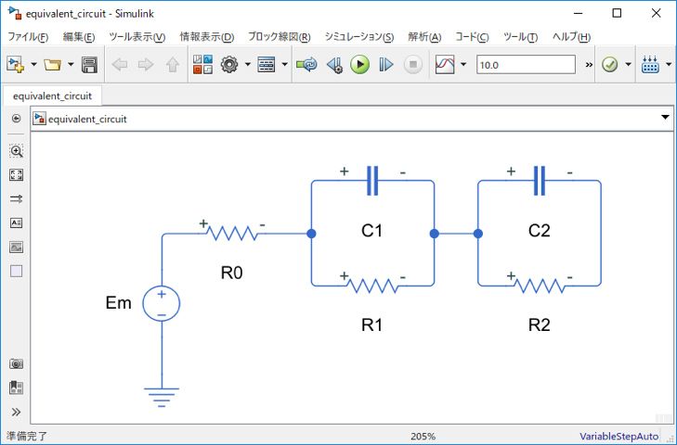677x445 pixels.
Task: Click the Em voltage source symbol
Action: point(162,304)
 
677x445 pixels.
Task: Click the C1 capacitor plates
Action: point(372,180)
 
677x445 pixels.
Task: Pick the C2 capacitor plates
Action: point(540,180)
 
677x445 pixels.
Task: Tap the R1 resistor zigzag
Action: point(372,285)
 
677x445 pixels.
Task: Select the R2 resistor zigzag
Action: point(540,285)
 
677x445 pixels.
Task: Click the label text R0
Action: point(232,273)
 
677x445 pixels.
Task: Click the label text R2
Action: point(539,324)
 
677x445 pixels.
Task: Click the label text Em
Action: point(119,303)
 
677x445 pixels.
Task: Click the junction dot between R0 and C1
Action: point(311,234)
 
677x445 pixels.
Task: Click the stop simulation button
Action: point(413,65)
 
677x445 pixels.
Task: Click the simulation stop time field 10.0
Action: point(525,65)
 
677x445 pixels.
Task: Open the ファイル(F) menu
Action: point(28,37)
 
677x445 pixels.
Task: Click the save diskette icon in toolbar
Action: point(89,65)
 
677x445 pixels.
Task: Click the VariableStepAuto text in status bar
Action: point(618,436)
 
